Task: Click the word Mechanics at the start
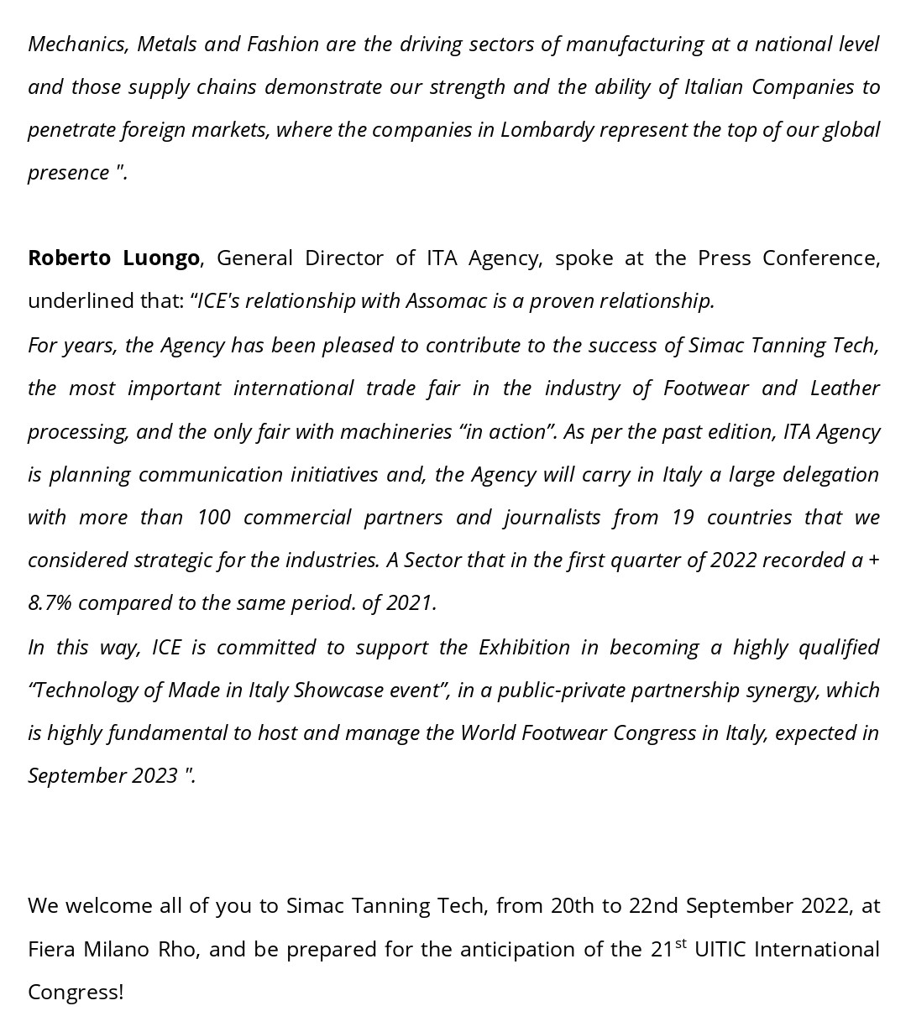click(76, 44)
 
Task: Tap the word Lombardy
click(547, 130)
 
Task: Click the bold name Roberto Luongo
click(113, 258)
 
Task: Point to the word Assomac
click(446, 300)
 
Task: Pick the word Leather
click(845, 388)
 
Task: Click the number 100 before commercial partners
click(213, 517)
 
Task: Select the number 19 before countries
click(683, 517)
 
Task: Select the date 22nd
click(653, 906)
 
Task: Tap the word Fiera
click(52, 949)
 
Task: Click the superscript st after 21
click(680, 943)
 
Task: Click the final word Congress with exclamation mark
click(76, 992)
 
